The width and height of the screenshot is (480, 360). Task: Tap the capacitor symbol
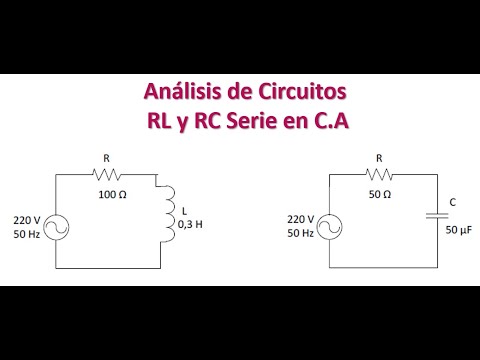(436, 213)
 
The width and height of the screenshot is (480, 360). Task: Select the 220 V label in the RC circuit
(300, 219)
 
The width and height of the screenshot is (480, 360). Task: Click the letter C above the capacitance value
(453, 203)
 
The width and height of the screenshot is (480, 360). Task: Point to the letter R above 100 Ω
(107, 157)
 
